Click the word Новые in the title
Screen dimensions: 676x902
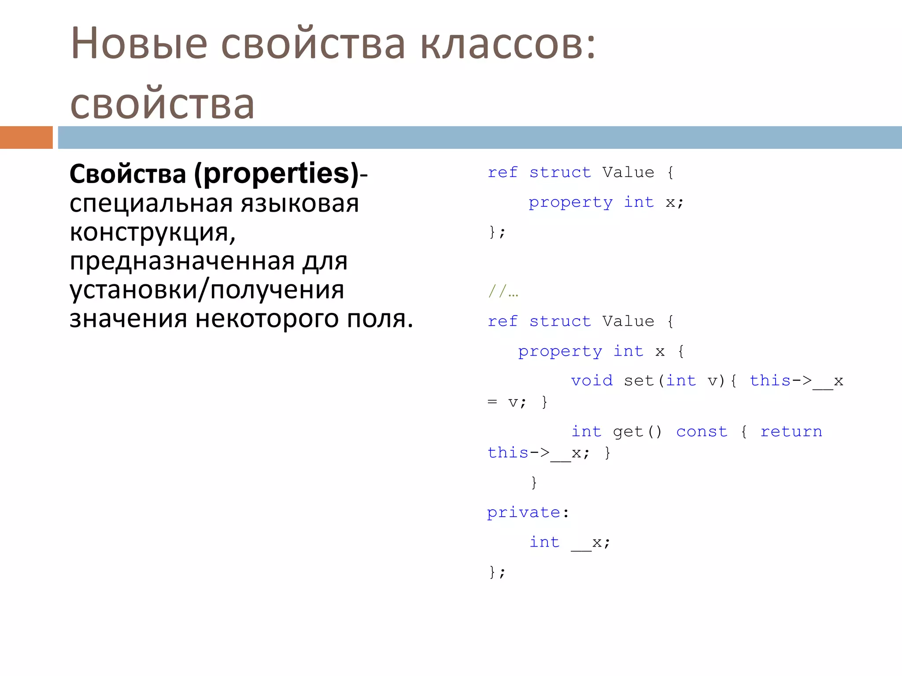(x=139, y=44)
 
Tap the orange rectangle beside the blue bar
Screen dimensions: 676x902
(x=26, y=137)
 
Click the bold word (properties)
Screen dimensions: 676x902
(x=277, y=173)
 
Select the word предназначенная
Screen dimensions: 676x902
(x=182, y=261)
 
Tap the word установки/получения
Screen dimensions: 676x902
(x=207, y=290)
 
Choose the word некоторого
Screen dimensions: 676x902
(x=267, y=319)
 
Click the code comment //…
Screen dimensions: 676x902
(x=503, y=291)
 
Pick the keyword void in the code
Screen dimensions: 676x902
(x=591, y=381)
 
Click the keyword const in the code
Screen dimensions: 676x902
(x=702, y=432)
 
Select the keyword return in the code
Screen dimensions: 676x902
(x=791, y=432)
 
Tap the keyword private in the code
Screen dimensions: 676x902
(x=523, y=513)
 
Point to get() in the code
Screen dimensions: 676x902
(x=637, y=432)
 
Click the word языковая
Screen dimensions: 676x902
(x=299, y=204)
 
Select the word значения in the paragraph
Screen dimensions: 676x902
(x=128, y=319)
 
